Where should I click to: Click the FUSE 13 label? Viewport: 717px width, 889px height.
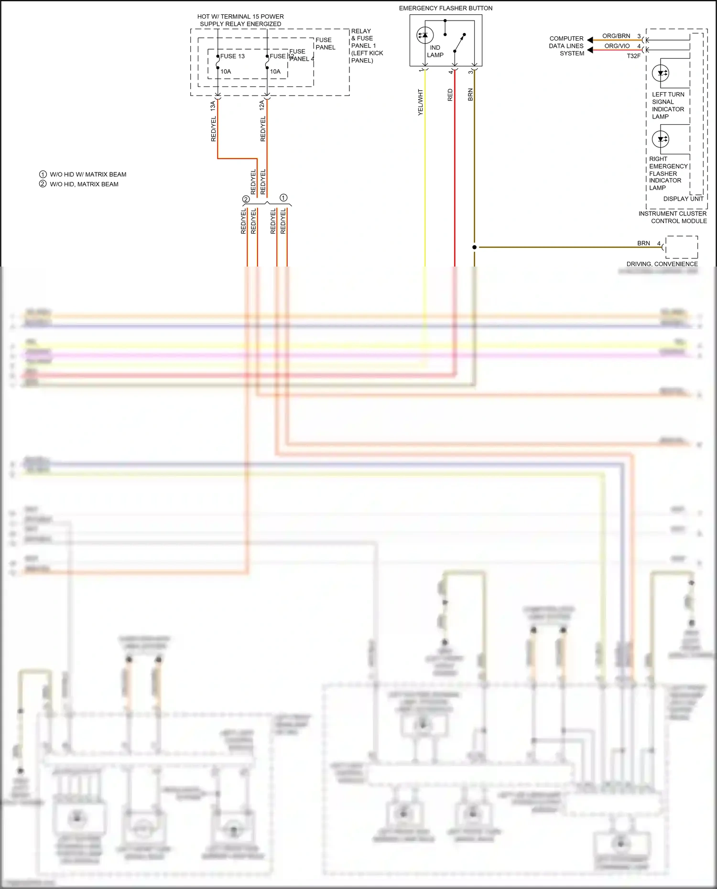(232, 56)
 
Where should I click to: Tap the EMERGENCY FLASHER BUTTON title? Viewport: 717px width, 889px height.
(445, 8)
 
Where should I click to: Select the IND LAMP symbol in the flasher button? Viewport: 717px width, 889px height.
(425, 35)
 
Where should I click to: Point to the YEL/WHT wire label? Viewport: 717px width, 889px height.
(421, 102)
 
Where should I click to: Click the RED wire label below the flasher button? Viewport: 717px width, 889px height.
(450, 95)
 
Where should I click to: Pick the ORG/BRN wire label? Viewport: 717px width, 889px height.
(616, 36)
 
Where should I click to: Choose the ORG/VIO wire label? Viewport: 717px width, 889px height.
(617, 46)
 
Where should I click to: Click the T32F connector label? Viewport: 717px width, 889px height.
(633, 56)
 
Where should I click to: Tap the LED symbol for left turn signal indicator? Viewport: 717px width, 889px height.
(661, 73)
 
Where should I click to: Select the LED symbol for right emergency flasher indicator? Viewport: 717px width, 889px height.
(661, 139)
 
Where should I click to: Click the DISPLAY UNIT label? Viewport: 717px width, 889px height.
(683, 199)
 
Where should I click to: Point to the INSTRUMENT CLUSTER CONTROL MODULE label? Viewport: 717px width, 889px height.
(673, 217)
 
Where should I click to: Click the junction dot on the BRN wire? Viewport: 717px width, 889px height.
(474, 247)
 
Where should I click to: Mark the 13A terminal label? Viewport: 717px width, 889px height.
(213, 106)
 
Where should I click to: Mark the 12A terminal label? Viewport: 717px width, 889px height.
(262, 106)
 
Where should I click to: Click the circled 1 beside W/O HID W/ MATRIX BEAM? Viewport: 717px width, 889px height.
(43, 174)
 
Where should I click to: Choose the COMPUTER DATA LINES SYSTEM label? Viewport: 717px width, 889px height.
(566, 46)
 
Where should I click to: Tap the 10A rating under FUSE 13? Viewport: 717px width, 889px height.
(226, 72)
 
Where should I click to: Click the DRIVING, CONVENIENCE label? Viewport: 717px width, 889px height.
(662, 264)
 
